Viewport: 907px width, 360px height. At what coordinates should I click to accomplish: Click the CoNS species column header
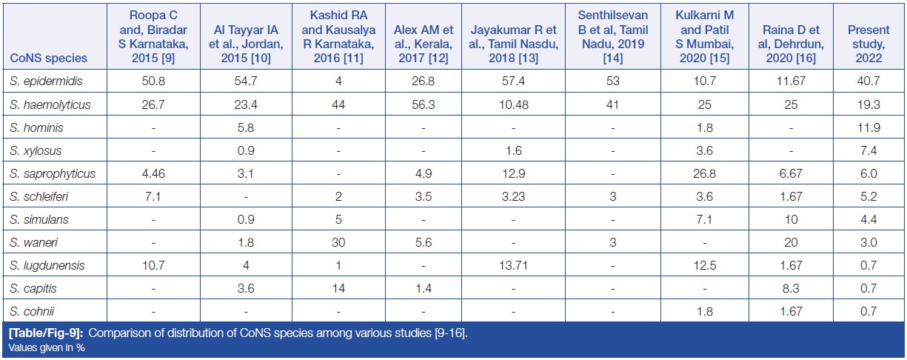pyautogui.click(x=48, y=58)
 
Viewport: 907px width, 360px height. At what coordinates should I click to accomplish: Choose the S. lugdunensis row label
pyautogui.click(x=47, y=265)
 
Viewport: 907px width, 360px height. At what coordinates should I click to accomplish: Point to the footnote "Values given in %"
pyautogui.click(x=47, y=347)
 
